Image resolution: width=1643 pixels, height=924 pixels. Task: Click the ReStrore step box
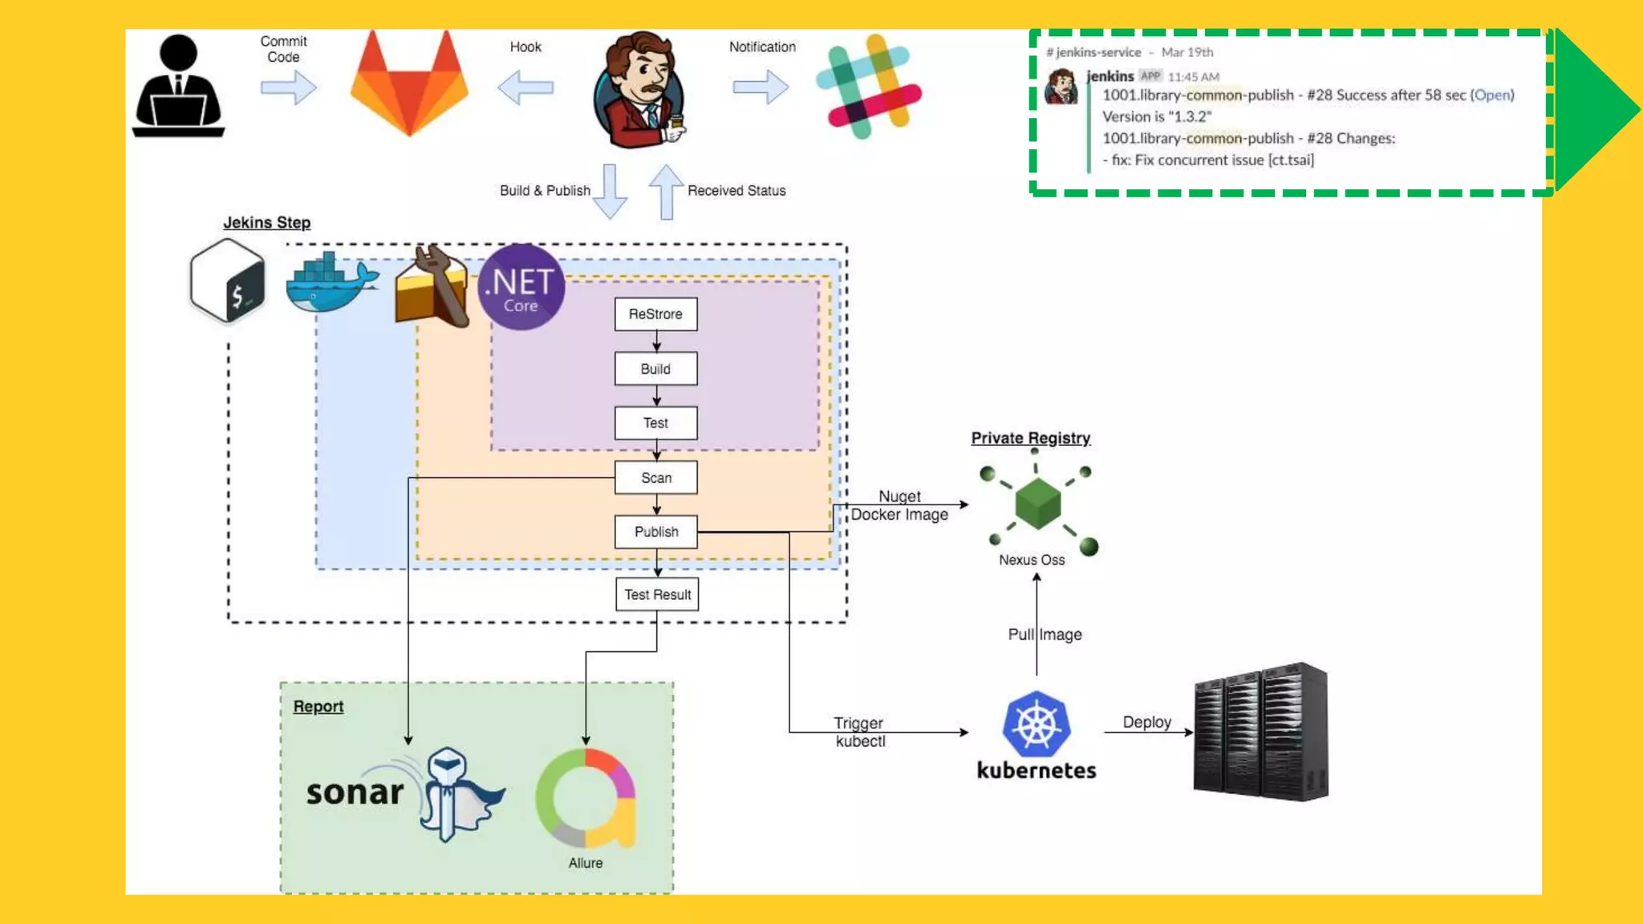click(655, 314)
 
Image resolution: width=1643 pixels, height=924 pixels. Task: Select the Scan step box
click(655, 477)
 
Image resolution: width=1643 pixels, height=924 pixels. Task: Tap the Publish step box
click(655, 532)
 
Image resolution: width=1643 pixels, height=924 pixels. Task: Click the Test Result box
click(657, 594)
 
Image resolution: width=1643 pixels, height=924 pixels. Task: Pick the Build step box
click(655, 369)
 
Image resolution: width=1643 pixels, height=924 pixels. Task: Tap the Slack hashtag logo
click(869, 87)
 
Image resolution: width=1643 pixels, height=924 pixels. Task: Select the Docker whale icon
click(331, 285)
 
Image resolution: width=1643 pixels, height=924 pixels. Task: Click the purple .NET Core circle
click(521, 287)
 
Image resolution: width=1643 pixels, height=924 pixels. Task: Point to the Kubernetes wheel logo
click(1036, 724)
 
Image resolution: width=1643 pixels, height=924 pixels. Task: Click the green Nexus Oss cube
click(1037, 504)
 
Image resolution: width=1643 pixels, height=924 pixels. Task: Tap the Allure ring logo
click(586, 798)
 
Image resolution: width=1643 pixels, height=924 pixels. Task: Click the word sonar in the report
click(355, 792)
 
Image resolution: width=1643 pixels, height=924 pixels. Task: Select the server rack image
click(1260, 731)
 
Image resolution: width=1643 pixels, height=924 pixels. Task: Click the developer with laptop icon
click(178, 87)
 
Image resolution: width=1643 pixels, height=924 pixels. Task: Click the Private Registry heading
click(1030, 438)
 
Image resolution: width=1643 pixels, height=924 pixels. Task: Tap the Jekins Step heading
click(266, 223)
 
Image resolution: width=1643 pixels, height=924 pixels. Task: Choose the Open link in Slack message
click(1491, 95)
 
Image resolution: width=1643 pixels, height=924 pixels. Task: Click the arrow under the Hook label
click(525, 87)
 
